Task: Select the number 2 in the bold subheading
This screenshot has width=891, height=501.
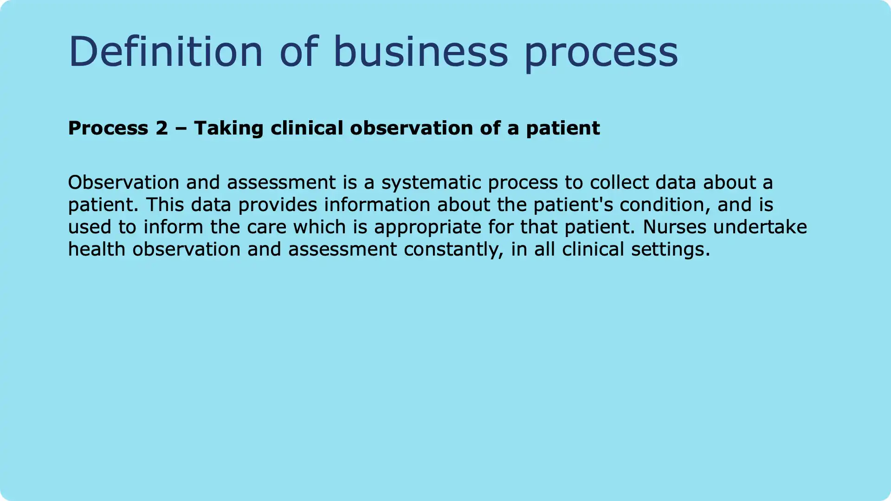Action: pos(161,128)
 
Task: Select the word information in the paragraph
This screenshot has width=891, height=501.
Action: pos(377,205)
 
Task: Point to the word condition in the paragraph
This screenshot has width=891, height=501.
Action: pos(665,205)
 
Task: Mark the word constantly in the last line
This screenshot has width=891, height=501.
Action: pos(454,250)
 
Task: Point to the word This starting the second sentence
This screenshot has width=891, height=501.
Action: pos(165,205)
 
